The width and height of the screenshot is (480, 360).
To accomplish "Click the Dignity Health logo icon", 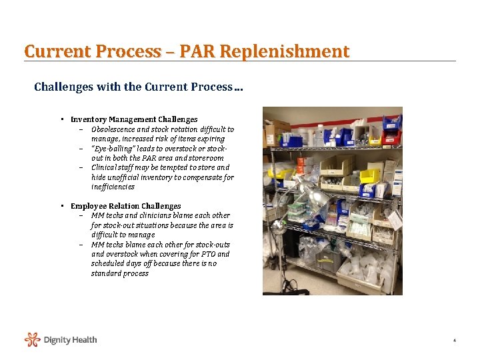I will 33,340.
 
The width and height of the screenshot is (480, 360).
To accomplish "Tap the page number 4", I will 454,341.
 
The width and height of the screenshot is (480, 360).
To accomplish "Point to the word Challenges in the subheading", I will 63,87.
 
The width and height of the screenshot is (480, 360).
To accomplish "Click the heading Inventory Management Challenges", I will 134,119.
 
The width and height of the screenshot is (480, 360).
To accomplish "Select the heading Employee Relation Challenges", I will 125,206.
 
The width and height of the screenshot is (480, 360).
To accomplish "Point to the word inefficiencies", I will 113,187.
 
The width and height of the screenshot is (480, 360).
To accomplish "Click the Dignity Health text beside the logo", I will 70,340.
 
